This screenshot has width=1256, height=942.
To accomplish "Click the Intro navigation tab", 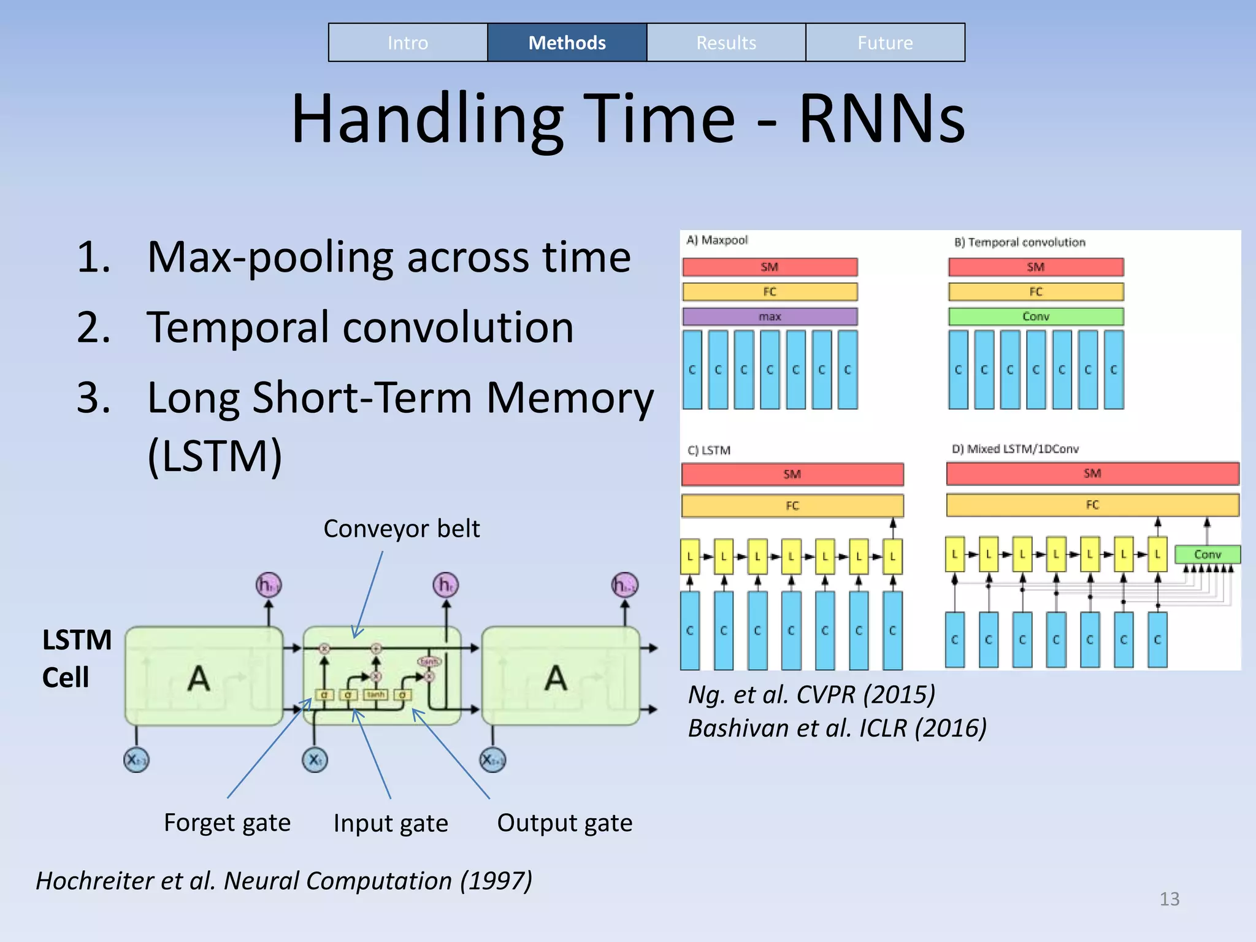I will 408,43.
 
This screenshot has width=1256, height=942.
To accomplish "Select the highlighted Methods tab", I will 567,43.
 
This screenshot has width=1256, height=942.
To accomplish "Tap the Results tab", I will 726,43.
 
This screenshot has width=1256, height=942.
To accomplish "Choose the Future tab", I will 885,43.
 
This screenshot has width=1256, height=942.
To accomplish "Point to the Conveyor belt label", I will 402,529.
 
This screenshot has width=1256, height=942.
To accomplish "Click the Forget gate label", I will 227,822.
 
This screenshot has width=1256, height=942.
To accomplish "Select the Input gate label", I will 391,823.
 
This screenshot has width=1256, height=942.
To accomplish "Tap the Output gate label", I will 564,823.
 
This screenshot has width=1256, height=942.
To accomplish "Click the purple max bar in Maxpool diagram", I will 770,316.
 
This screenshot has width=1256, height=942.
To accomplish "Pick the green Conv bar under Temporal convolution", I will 1036,316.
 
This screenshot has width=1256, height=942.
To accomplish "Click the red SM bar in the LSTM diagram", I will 792,474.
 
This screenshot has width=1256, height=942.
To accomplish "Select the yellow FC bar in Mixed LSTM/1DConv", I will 1092,505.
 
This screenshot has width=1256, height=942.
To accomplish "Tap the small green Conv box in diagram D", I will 1207,554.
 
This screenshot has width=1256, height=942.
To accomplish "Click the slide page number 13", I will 1169,899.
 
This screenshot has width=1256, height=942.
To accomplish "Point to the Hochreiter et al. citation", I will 284,881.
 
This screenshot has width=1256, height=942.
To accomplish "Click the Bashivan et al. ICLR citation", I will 837,729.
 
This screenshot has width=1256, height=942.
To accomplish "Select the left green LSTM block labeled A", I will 203,676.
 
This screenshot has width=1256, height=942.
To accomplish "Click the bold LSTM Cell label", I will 76,659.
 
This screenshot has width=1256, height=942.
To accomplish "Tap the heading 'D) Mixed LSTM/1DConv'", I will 1015,449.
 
